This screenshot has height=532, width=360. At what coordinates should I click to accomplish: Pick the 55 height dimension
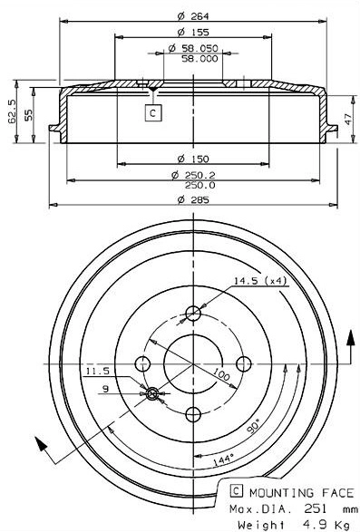(x=29, y=115)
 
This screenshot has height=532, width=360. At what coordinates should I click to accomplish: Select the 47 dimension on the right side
(x=349, y=118)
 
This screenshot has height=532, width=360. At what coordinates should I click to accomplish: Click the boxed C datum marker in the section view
(x=153, y=112)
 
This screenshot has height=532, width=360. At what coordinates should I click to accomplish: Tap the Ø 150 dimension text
(x=191, y=158)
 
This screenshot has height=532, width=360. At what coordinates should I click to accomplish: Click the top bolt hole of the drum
(x=192, y=314)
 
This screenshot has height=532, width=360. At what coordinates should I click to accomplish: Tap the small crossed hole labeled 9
(x=152, y=393)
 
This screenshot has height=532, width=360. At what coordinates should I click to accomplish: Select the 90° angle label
(x=253, y=425)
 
